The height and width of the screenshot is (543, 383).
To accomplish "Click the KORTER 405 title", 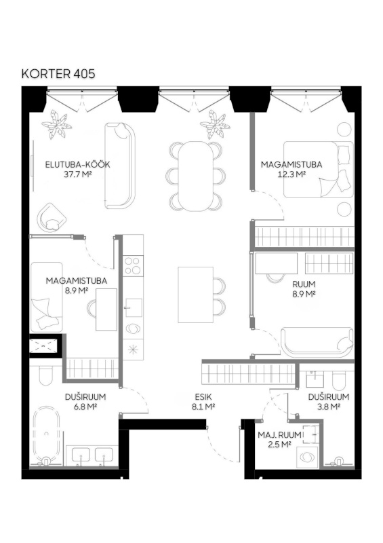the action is pyautogui.click(x=58, y=74).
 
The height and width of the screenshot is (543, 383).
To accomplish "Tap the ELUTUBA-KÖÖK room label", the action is pyautogui.click(x=77, y=164).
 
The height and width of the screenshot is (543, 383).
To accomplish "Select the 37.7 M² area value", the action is pyautogui.click(x=77, y=174).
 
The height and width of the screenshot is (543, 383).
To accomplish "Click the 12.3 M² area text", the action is pyautogui.click(x=291, y=174).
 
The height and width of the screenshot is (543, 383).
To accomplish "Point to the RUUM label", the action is pyautogui.click(x=304, y=284).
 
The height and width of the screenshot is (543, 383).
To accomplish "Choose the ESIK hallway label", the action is pyautogui.click(x=203, y=397).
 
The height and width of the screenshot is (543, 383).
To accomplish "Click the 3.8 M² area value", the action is pyautogui.click(x=328, y=407).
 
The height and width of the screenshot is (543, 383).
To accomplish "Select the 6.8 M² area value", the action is pyautogui.click(x=85, y=407).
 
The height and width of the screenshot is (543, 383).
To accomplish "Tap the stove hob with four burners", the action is pyautogui.click(x=133, y=265).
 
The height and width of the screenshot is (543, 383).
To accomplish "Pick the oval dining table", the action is pyautogui.click(x=196, y=176).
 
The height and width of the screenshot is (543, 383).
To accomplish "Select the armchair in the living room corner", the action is pyautogui.click(x=52, y=217).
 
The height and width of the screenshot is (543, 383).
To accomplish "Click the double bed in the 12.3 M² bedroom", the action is pyautogui.click(x=319, y=169).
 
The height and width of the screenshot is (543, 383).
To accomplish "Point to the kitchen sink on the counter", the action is pyautogui.click(x=134, y=307).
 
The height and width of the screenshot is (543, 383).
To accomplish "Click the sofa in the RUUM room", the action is pyautogui.click(x=317, y=342).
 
